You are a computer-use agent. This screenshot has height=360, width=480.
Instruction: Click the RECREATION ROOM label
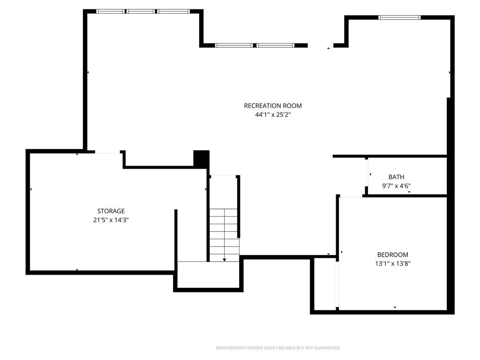[x=273, y=106]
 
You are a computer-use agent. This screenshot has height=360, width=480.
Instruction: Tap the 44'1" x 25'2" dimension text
[x=273, y=115]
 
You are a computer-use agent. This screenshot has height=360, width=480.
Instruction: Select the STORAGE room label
[x=111, y=211]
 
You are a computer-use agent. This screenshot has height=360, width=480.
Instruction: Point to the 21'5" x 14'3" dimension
[x=111, y=220]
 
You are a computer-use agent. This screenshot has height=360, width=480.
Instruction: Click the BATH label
[x=396, y=177]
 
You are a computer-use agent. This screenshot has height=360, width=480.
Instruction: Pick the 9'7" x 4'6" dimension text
[x=396, y=186]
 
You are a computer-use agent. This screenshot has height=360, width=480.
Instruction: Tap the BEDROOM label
[x=392, y=255]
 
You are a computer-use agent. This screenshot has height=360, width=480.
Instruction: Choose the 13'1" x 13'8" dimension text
[x=392, y=263]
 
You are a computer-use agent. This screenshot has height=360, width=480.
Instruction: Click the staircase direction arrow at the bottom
[x=225, y=260]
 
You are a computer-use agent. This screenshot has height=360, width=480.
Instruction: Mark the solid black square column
[x=201, y=158]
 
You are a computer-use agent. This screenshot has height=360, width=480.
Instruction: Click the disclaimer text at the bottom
[x=278, y=348]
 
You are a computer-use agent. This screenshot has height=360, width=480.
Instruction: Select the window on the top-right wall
[x=399, y=17]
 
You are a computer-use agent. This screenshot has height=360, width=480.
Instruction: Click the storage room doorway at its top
[x=107, y=152]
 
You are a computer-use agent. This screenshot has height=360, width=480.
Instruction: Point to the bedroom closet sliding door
[x=337, y=284]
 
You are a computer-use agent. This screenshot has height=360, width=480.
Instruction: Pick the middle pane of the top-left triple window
[x=141, y=11]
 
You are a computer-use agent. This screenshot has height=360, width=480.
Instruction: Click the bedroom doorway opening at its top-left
[x=351, y=196]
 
